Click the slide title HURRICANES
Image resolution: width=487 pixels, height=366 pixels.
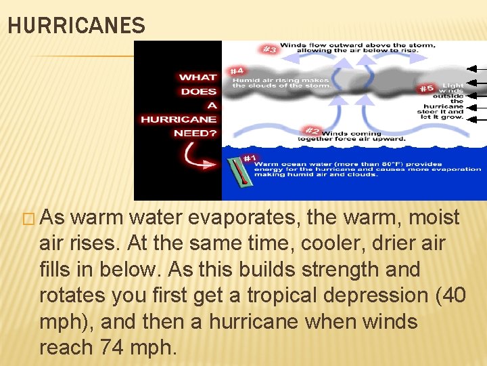coord(76,26)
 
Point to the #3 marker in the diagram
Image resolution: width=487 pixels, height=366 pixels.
coord(270,49)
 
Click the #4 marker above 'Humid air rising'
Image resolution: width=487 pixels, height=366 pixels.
coord(237,70)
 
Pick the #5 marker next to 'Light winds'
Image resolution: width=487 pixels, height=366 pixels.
coord(427,88)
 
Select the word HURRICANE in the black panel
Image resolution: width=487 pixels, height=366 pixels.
coord(178,119)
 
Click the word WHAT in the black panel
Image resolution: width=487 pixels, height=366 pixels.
coord(198,77)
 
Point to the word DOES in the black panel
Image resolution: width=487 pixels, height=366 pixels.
coord(198,91)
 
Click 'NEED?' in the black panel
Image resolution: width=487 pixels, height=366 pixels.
coord(195,134)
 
